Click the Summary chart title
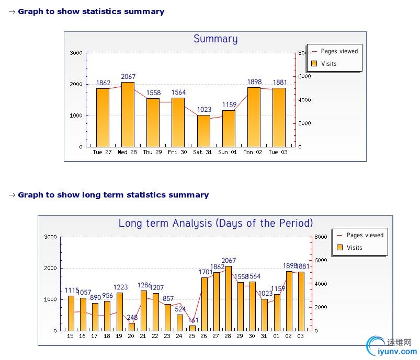(x=215, y=39)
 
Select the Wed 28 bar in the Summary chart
(x=128, y=114)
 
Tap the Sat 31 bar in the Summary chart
(x=203, y=131)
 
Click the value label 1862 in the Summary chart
(x=103, y=83)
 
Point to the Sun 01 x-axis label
(x=228, y=153)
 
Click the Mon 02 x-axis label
(x=253, y=153)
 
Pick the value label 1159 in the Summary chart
(x=229, y=105)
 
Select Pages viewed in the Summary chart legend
(x=339, y=52)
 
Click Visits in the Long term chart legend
(x=354, y=248)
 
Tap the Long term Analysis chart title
(x=215, y=223)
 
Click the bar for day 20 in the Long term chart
(x=131, y=327)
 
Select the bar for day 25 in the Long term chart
(x=192, y=328)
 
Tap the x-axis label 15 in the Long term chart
(x=70, y=336)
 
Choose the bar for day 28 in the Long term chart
(x=228, y=298)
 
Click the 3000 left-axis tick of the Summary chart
(x=76, y=53)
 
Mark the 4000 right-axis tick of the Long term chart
(x=321, y=284)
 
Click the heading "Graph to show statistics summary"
(x=90, y=11)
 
